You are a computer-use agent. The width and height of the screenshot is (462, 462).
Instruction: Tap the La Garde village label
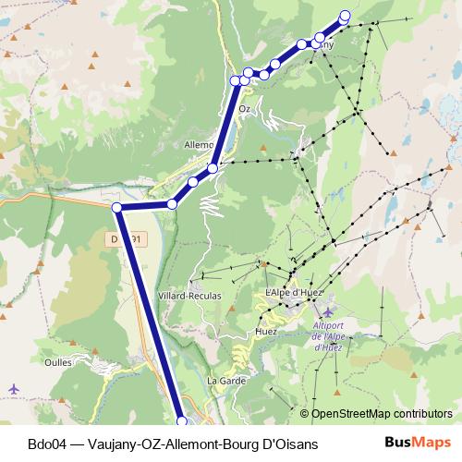point(225,380)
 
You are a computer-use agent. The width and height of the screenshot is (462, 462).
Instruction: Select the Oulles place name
point(57,362)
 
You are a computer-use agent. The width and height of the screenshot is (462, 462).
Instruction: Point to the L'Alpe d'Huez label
point(290,293)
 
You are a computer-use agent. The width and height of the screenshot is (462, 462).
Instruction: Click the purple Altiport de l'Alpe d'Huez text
point(329,337)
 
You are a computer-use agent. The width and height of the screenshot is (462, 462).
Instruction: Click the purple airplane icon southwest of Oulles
point(12,388)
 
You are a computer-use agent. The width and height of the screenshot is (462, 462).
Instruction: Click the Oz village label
point(245,108)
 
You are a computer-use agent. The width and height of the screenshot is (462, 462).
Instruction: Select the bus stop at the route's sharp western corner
point(117,208)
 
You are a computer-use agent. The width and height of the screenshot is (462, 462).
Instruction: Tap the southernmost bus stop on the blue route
point(181,421)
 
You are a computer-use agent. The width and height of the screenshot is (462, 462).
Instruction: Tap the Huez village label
point(266,330)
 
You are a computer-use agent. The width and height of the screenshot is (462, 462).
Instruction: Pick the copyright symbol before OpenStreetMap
point(305,414)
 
